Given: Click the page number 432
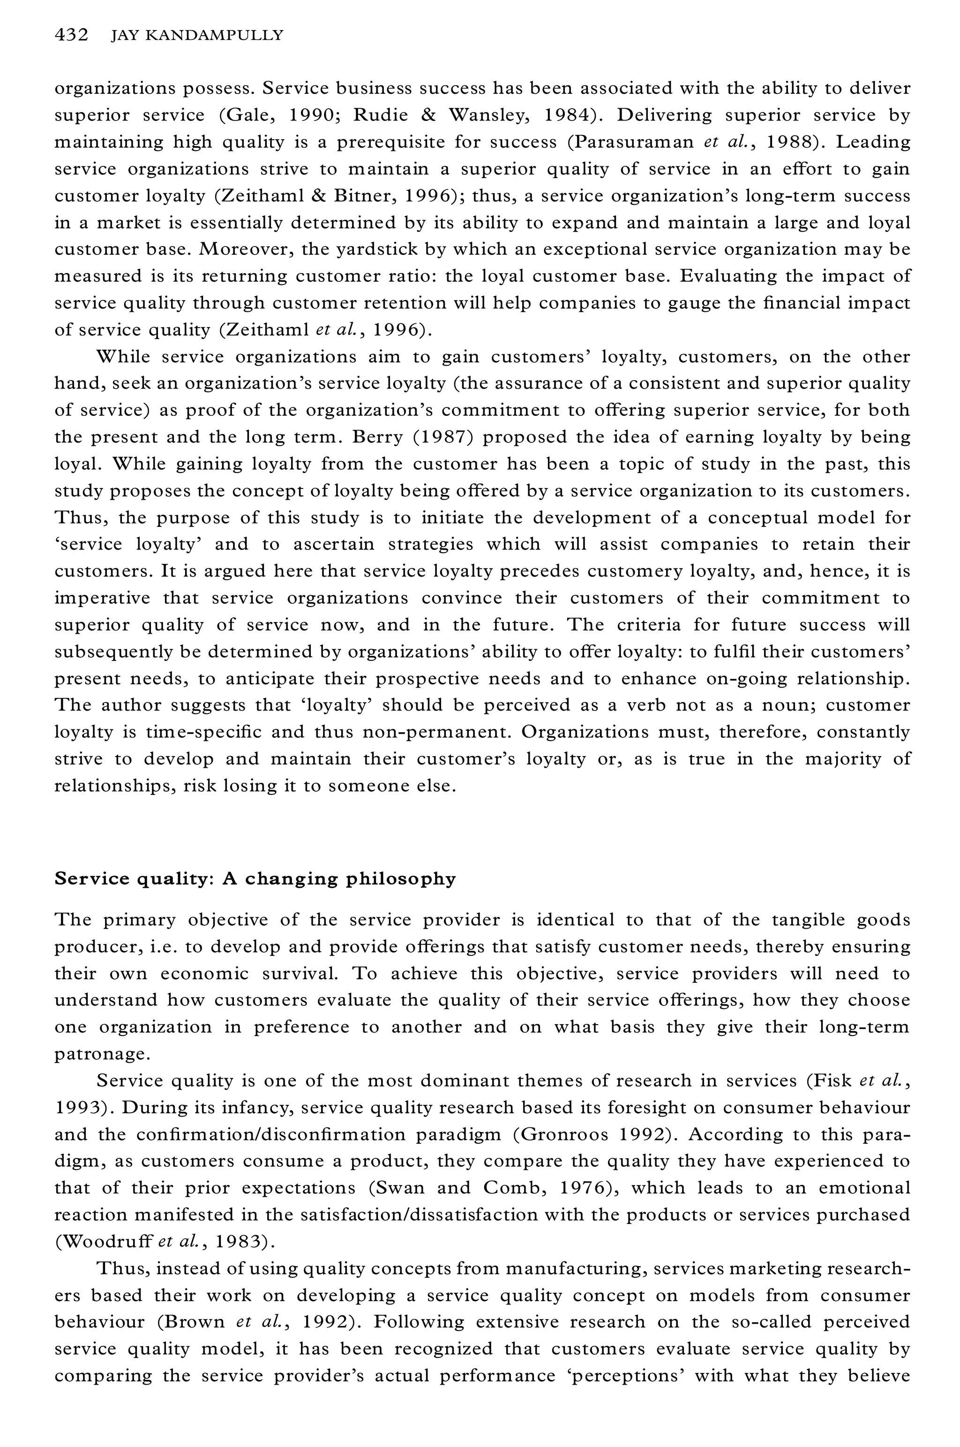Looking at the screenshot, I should [x=71, y=36].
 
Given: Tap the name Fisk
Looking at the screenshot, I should [x=834, y=1081].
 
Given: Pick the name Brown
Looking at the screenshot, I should [x=195, y=1322].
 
